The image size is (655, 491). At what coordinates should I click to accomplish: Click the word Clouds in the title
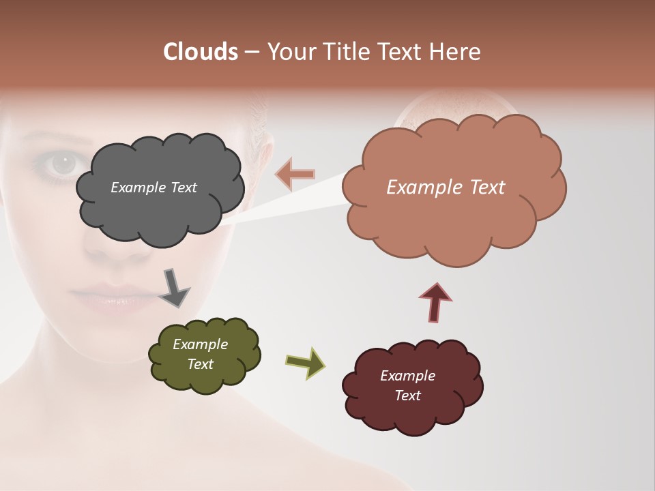tap(200, 52)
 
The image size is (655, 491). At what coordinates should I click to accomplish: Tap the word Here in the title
tap(456, 52)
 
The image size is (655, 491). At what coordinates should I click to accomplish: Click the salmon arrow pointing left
tap(295, 174)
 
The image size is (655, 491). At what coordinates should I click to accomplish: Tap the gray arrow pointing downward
tap(174, 287)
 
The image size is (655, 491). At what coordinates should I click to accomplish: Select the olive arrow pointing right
tap(305, 362)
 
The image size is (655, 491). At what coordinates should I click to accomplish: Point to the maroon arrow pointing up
tap(435, 301)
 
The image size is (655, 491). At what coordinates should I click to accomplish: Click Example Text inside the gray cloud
tap(154, 188)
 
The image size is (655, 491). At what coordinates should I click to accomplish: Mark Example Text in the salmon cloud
tap(446, 188)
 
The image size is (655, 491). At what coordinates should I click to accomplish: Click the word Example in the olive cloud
tap(200, 344)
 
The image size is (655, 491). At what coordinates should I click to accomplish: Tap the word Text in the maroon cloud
tap(407, 396)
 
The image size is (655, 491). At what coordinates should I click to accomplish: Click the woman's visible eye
tap(63, 164)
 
